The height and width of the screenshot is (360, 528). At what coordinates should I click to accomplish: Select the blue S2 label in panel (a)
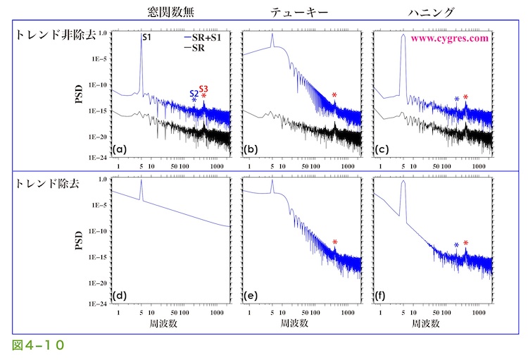(194, 93)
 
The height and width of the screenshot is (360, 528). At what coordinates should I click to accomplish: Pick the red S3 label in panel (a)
(203, 89)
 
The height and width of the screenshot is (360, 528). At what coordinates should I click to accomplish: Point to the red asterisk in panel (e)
(335, 242)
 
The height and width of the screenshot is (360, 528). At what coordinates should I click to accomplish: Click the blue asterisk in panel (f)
(456, 245)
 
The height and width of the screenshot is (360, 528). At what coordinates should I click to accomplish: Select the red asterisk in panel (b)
(335, 95)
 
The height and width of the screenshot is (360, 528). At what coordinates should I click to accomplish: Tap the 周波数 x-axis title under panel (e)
(296, 323)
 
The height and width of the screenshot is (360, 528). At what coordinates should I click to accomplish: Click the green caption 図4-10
(39, 345)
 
